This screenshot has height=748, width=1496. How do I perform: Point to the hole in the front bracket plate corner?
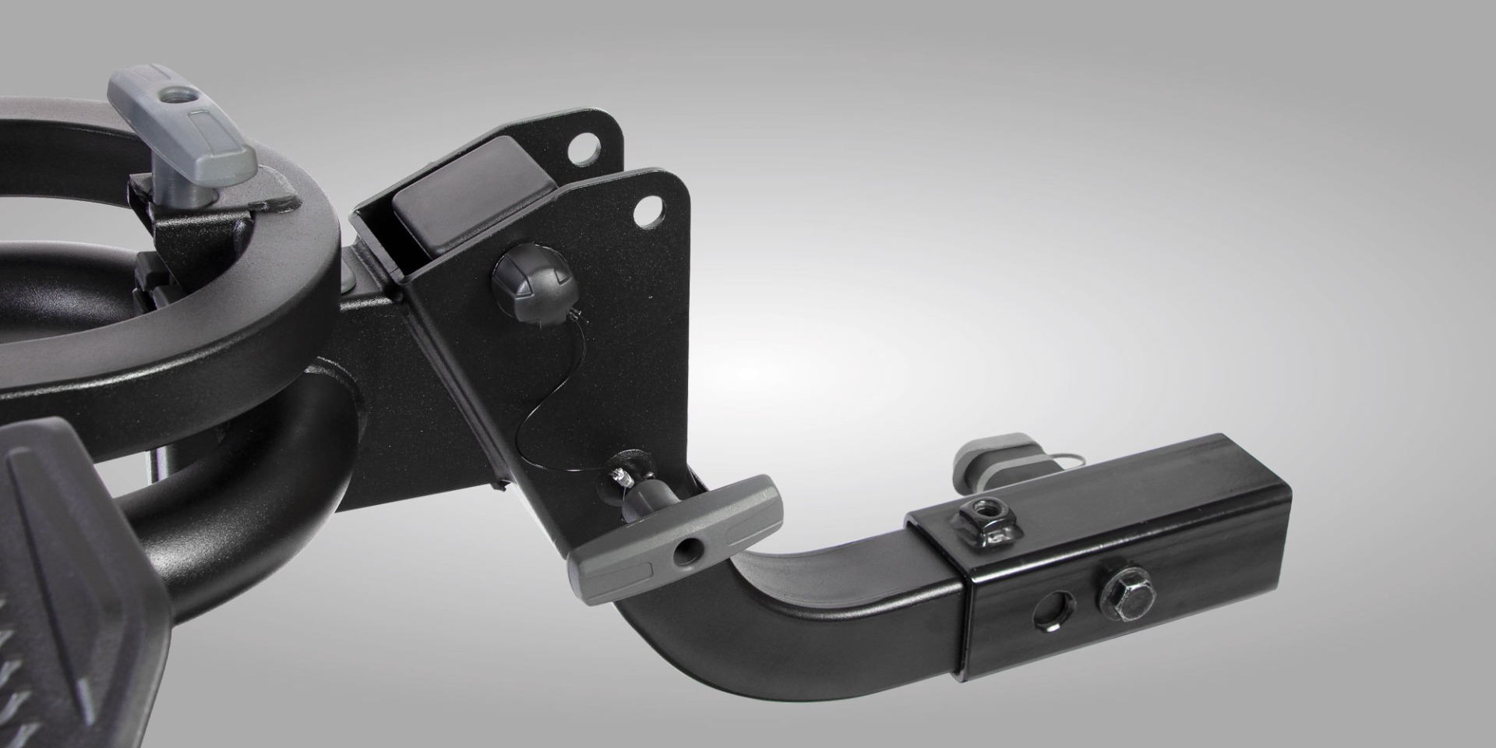[646, 211]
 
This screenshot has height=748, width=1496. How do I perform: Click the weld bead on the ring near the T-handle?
[277, 205]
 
